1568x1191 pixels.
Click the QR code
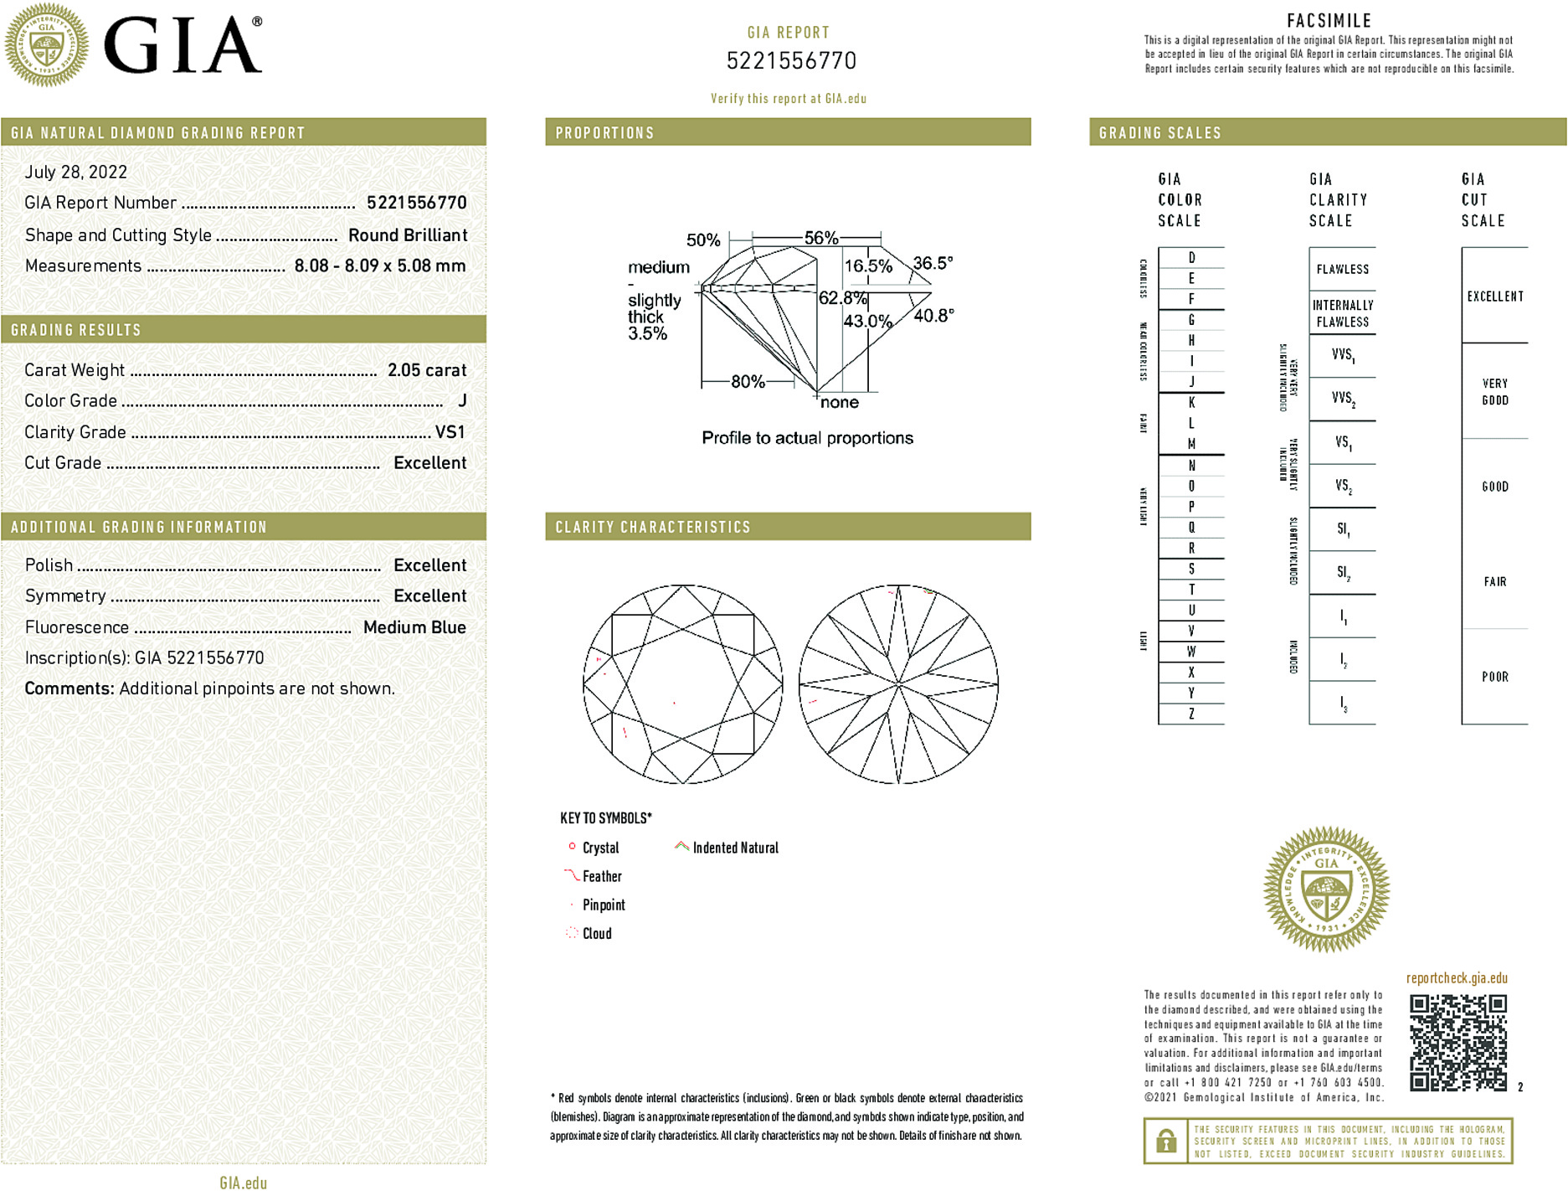pyautogui.click(x=1457, y=1042)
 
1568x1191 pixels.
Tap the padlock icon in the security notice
pyautogui.click(x=1165, y=1141)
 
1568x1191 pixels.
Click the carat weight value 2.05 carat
pyautogui.click(x=426, y=370)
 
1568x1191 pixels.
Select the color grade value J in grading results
pyautogui.click(x=462, y=401)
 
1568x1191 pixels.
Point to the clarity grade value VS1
pyautogui.click(x=450, y=432)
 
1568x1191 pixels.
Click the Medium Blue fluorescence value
pyautogui.click(x=414, y=627)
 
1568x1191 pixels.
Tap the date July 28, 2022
pyautogui.click(x=76, y=173)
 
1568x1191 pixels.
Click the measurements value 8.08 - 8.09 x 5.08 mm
pyautogui.click(x=379, y=266)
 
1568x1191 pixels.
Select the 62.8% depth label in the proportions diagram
pyautogui.click(x=842, y=298)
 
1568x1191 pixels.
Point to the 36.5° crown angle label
pyautogui.click(x=933, y=263)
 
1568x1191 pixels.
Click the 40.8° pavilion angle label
pyautogui.click(x=933, y=316)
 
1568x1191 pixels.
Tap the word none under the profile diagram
pyautogui.click(x=840, y=403)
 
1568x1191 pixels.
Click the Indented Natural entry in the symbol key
pyautogui.click(x=735, y=848)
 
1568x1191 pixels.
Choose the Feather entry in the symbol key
pyautogui.click(x=602, y=876)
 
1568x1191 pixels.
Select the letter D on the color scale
pyautogui.click(x=1191, y=258)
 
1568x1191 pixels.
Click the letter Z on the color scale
pyautogui.click(x=1191, y=714)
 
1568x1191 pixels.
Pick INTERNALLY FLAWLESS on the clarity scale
pyautogui.click(x=1342, y=313)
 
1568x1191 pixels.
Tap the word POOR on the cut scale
pyautogui.click(x=1494, y=677)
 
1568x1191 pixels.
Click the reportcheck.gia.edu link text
pyautogui.click(x=1457, y=978)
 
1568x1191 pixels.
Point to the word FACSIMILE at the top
pyautogui.click(x=1329, y=21)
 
